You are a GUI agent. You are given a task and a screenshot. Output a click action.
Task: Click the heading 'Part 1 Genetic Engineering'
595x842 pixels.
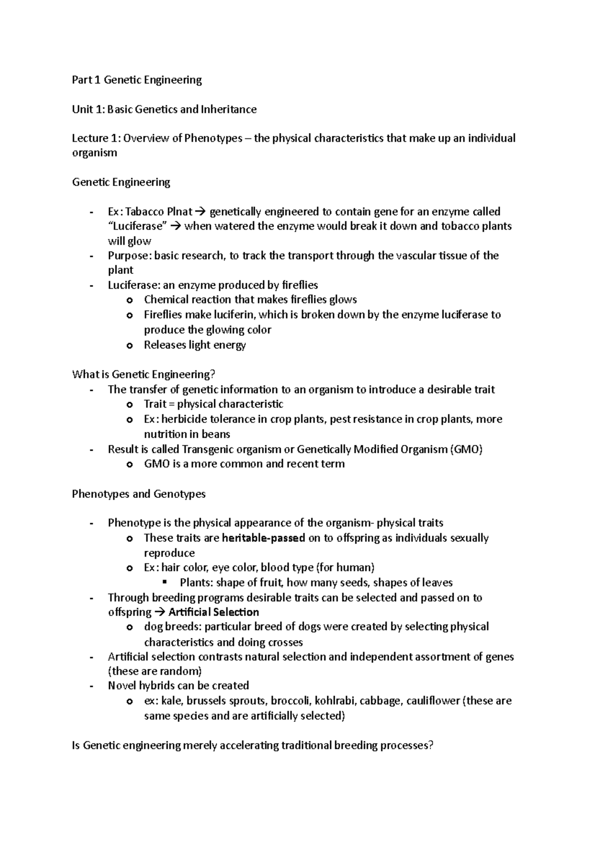(137, 80)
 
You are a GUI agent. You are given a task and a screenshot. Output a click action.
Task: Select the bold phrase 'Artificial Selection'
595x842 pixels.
(214, 612)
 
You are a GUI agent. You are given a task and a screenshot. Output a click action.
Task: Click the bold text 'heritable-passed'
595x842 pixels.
(264, 538)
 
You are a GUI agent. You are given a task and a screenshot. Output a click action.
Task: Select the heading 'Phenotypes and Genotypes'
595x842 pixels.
(139, 494)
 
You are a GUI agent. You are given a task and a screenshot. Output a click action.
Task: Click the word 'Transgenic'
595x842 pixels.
(207, 449)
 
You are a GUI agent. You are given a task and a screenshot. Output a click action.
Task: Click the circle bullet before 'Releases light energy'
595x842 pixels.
(130, 346)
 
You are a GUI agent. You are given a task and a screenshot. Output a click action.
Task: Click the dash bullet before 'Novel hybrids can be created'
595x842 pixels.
(91, 686)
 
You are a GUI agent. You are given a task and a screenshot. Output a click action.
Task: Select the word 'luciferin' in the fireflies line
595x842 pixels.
(235, 315)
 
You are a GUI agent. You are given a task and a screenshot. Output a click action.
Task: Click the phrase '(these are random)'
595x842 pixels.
(155, 671)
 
